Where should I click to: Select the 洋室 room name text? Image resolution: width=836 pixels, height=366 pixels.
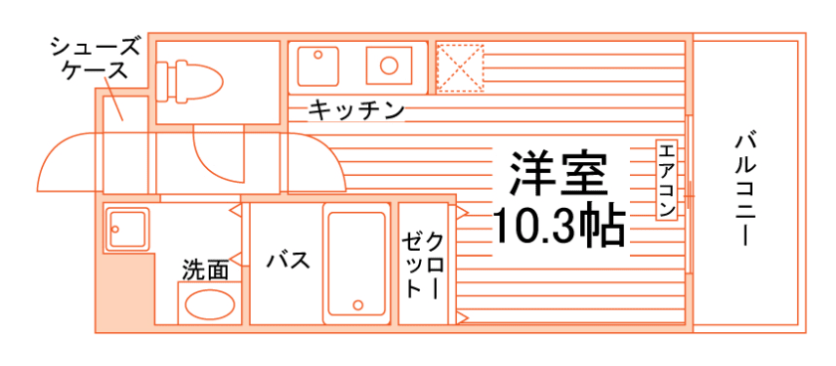[x=557, y=175]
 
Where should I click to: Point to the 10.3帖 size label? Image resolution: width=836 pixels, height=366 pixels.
[x=558, y=227]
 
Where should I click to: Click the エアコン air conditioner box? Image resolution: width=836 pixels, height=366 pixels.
[x=667, y=180]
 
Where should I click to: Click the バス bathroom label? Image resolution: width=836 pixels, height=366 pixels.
[x=288, y=261]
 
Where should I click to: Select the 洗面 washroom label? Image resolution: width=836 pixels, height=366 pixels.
[x=205, y=269]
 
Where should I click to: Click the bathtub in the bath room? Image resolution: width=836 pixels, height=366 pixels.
[x=354, y=265]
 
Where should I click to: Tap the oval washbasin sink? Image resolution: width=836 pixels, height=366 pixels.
[x=208, y=306]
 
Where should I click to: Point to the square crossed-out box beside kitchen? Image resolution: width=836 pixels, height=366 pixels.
[x=459, y=68]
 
